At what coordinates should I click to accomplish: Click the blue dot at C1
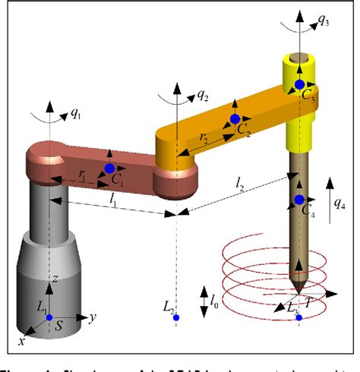coord(109,168)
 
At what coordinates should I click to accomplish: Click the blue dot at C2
coord(235,119)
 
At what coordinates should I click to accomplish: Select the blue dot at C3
coord(300,84)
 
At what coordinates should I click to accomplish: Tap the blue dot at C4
coord(298,200)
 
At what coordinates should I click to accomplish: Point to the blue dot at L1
coord(49,317)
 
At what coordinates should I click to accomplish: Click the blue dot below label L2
coord(175,317)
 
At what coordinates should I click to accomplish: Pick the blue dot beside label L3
coord(298,317)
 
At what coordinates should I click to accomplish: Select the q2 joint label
coord(203,96)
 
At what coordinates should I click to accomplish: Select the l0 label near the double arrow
coord(215,291)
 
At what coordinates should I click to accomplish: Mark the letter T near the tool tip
coord(330,301)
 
